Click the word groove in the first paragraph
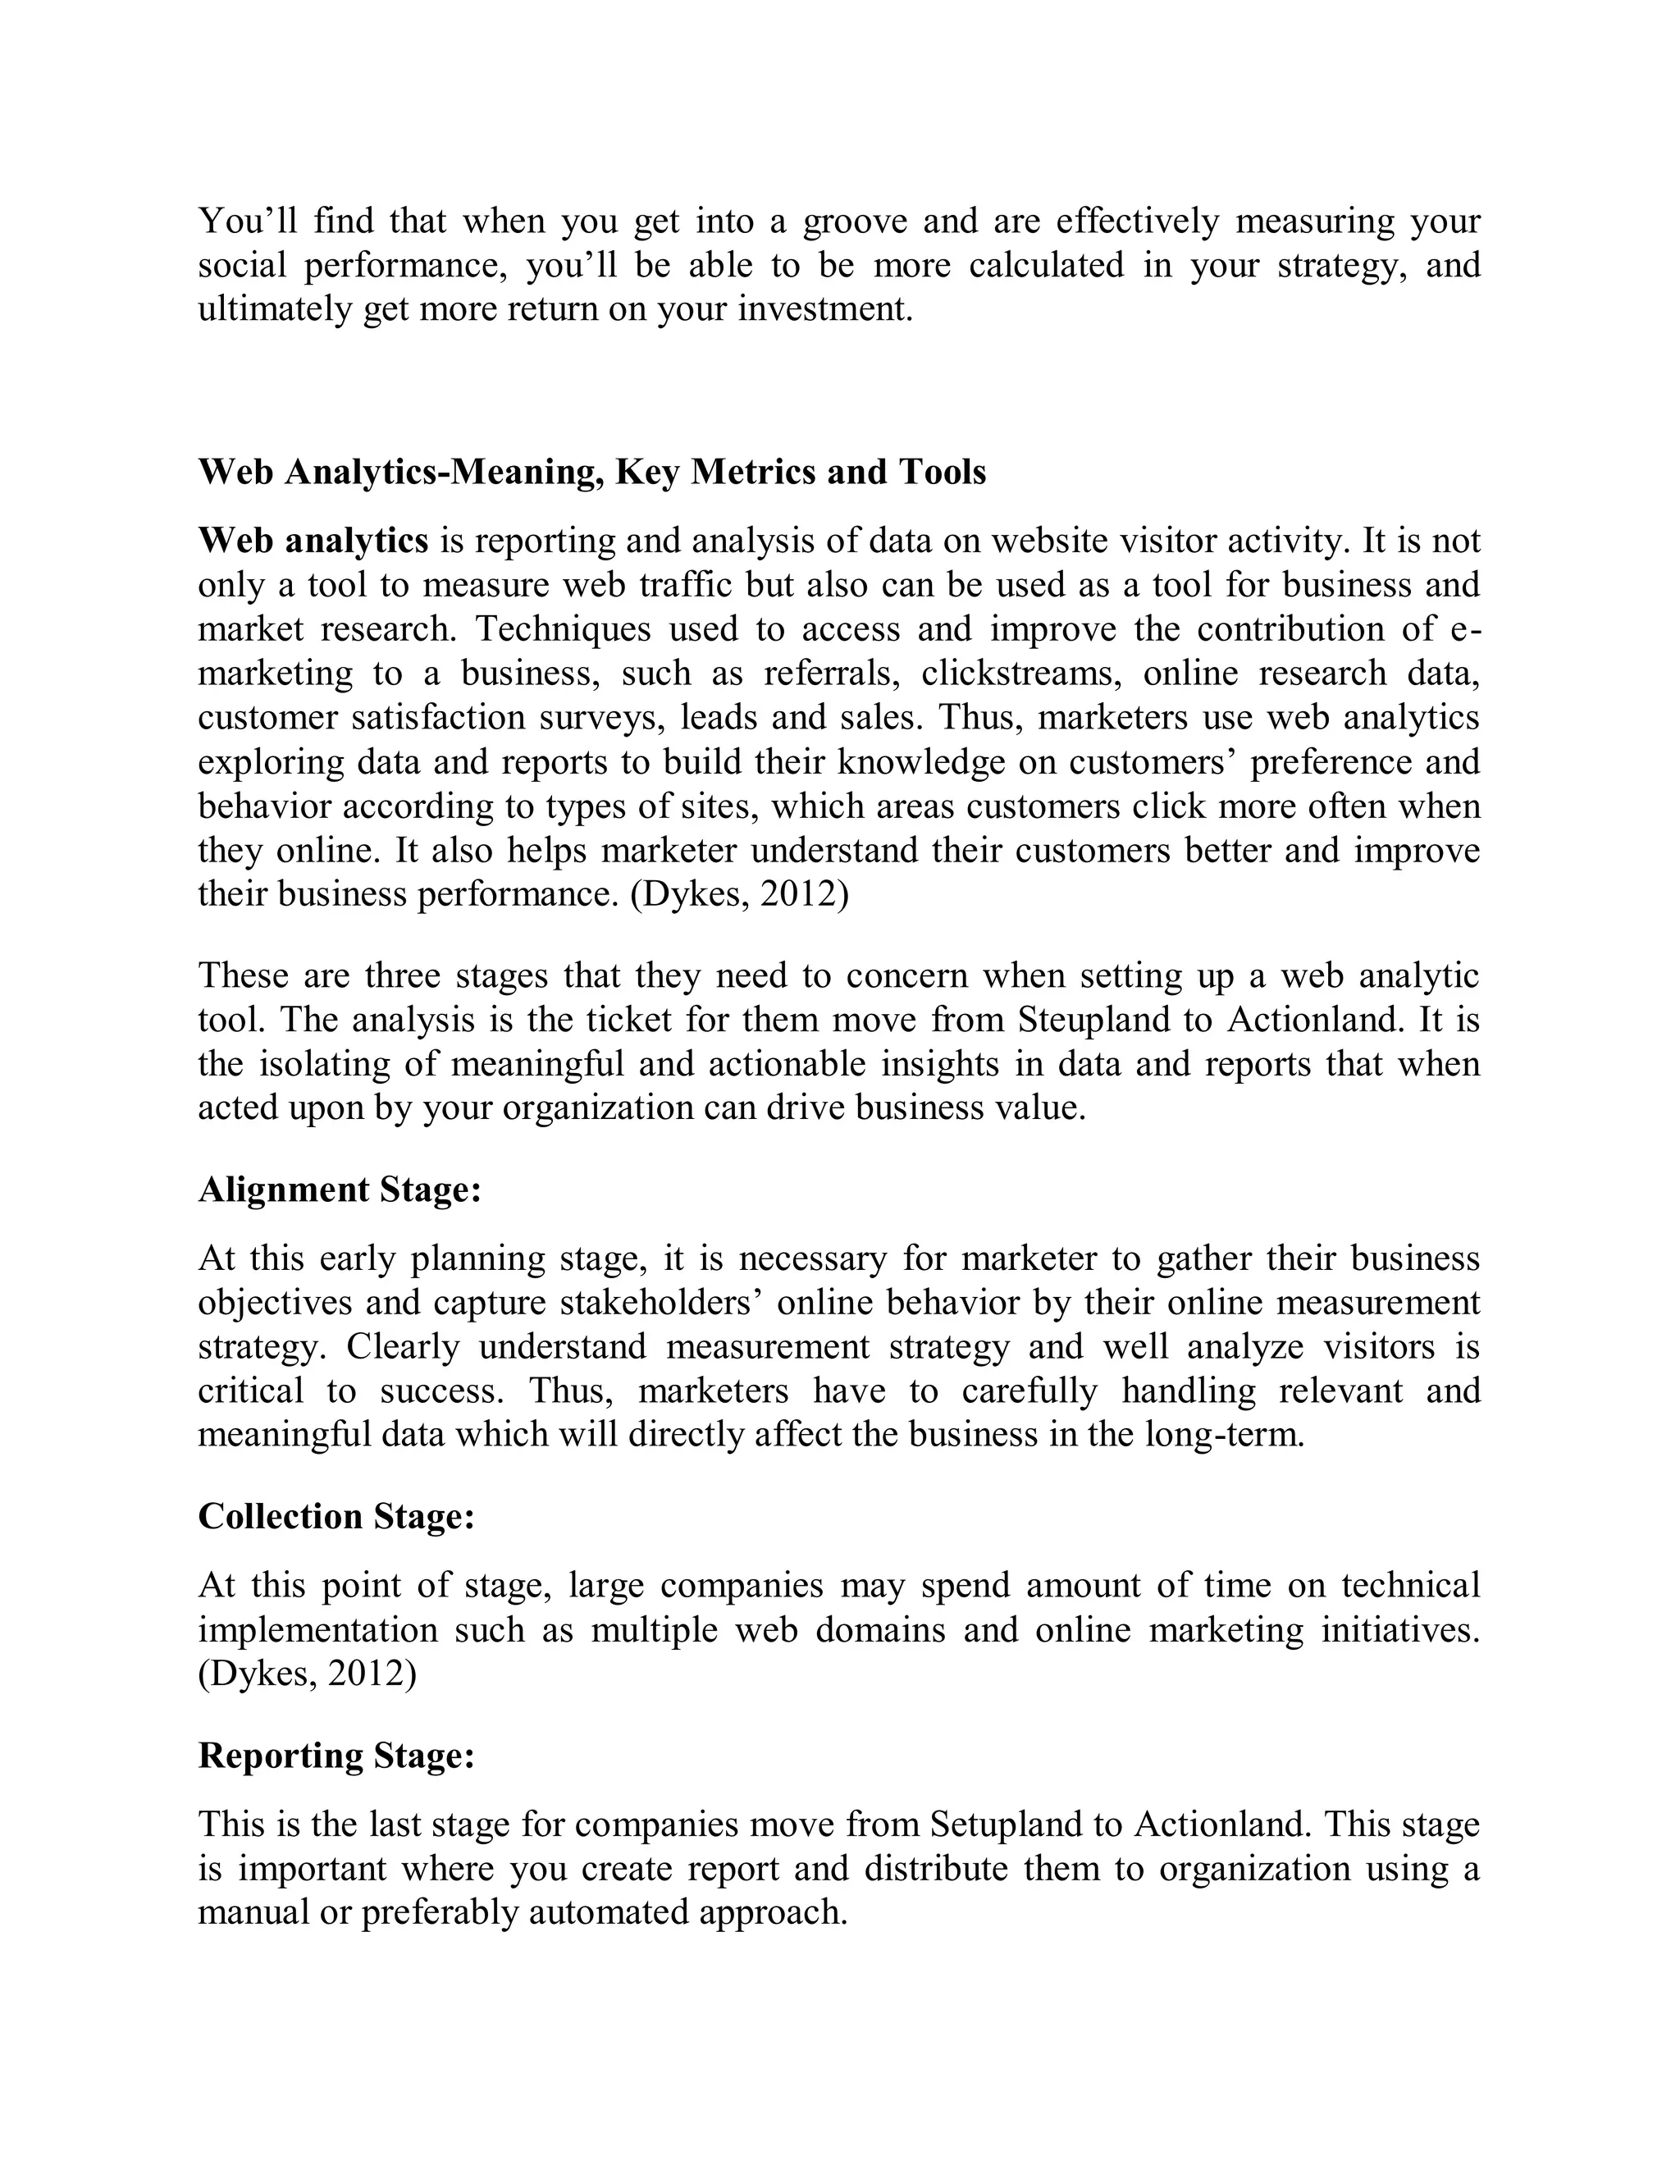(x=854, y=221)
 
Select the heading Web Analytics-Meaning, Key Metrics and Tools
(x=592, y=472)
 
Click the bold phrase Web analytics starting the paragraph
(x=313, y=541)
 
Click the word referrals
(x=832, y=674)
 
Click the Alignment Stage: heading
(x=340, y=1190)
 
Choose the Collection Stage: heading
(x=336, y=1516)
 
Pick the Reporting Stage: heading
(x=336, y=1756)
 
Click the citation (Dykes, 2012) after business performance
(x=739, y=895)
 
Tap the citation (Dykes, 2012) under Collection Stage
(x=308, y=1674)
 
